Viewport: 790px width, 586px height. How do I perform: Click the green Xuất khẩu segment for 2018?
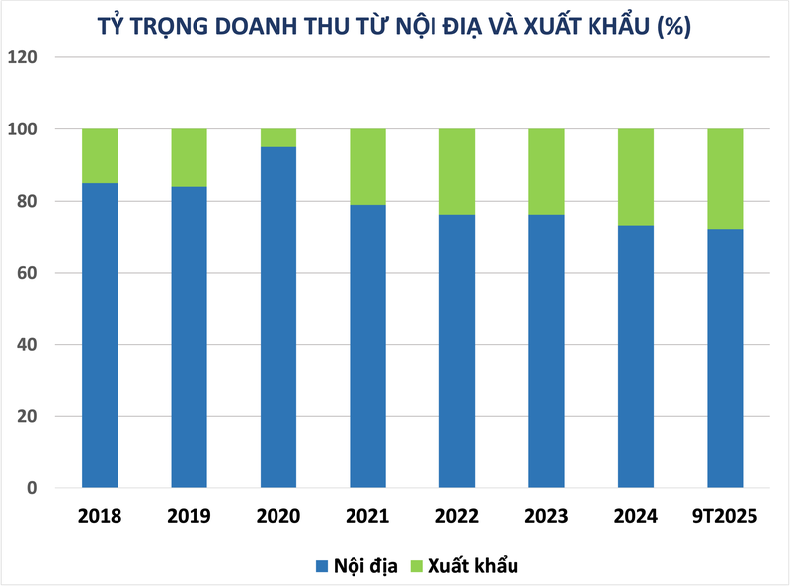coord(100,155)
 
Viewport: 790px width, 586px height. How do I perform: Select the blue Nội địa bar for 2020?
coord(278,316)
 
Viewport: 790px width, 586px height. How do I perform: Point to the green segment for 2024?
coord(635,177)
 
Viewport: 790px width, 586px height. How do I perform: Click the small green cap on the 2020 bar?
coord(278,137)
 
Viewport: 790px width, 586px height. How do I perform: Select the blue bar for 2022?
coord(456,351)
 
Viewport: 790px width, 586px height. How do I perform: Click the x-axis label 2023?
coord(546,517)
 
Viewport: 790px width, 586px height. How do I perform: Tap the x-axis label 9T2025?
coord(725,517)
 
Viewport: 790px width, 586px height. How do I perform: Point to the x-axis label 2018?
coord(100,517)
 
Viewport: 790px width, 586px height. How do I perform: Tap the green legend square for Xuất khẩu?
coord(416,566)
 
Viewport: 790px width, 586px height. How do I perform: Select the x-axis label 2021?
coord(367,517)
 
